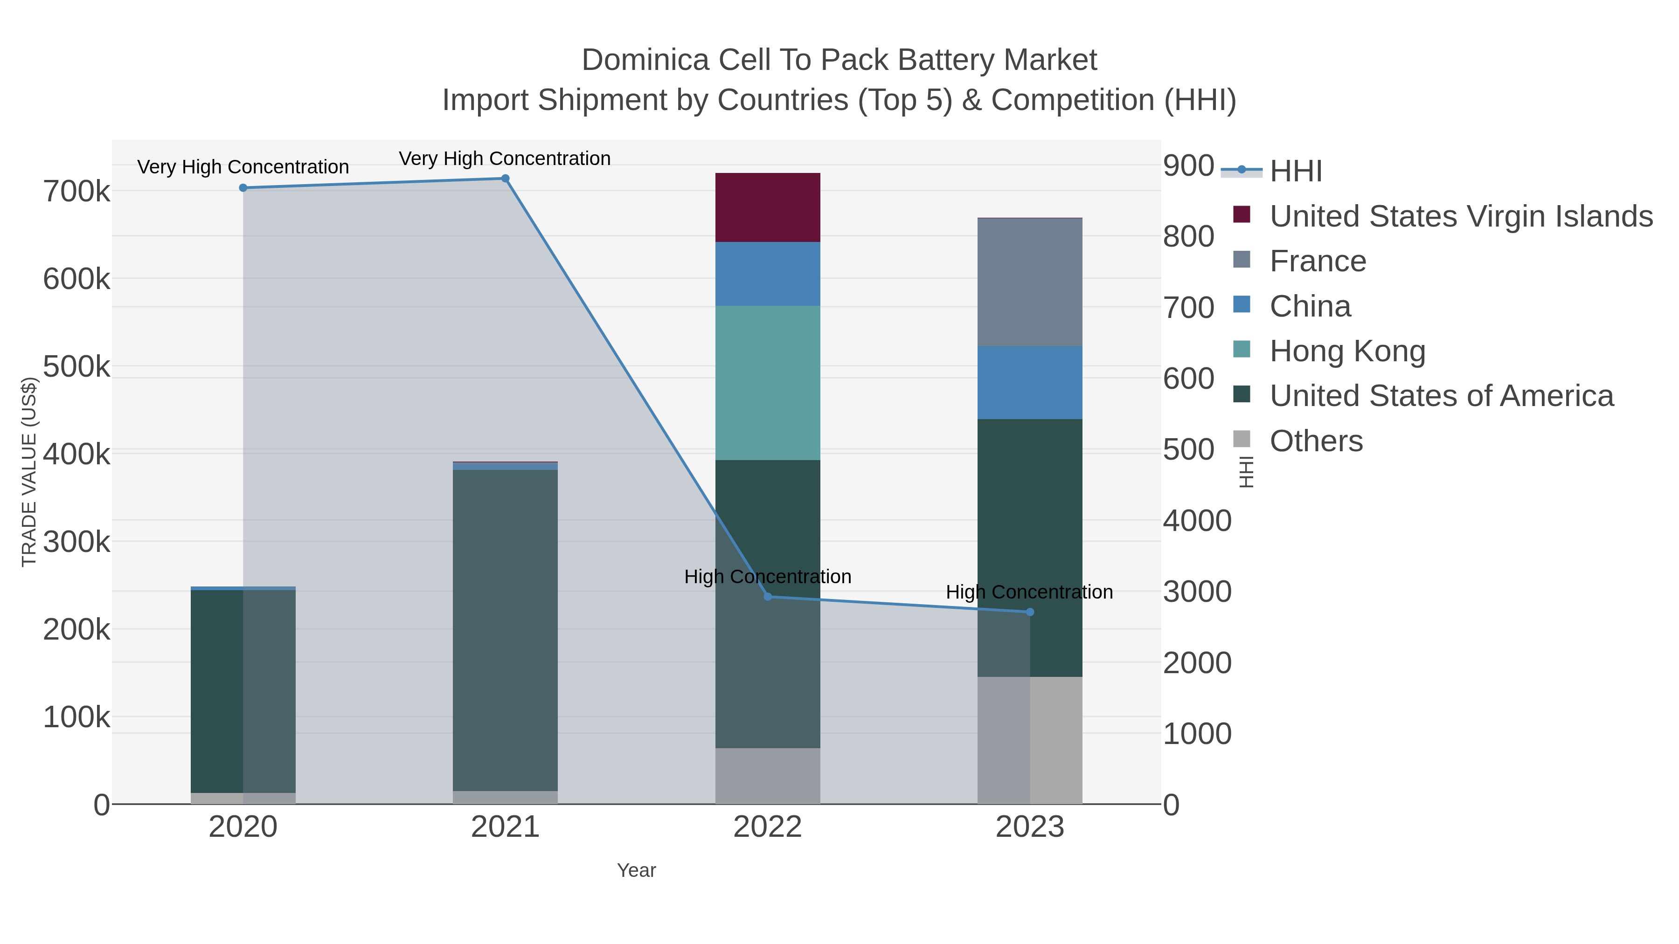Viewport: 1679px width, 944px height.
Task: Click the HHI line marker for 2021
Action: [x=505, y=179]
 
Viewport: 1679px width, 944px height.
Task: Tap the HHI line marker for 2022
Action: [x=767, y=597]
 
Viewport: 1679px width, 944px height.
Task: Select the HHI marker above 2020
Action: [x=243, y=187]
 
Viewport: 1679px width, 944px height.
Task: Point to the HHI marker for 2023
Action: [x=1030, y=612]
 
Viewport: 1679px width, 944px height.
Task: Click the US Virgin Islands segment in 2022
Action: [x=767, y=207]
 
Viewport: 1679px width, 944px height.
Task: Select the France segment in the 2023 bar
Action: [x=1030, y=282]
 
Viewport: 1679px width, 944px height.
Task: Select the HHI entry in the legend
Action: [x=1296, y=172]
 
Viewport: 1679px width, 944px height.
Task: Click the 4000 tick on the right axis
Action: [x=1197, y=521]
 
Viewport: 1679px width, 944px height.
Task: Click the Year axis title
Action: [x=636, y=870]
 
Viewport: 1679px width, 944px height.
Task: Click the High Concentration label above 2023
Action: [x=1029, y=592]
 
